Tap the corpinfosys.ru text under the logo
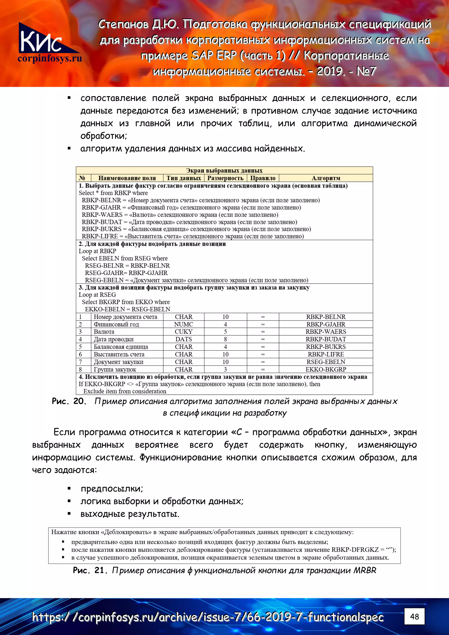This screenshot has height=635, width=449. click(50, 59)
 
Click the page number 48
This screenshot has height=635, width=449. click(414, 617)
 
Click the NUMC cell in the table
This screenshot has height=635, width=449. click(184, 324)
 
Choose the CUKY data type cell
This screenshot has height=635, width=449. click(184, 332)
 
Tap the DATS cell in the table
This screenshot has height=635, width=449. click(184, 339)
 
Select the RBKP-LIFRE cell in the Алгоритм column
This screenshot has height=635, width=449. click(326, 354)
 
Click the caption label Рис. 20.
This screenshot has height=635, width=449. click(69, 401)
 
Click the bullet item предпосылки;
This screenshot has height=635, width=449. click(112, 489)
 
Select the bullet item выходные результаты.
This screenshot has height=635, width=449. click(130, 514)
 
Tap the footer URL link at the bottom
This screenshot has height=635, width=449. click(207, 617)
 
